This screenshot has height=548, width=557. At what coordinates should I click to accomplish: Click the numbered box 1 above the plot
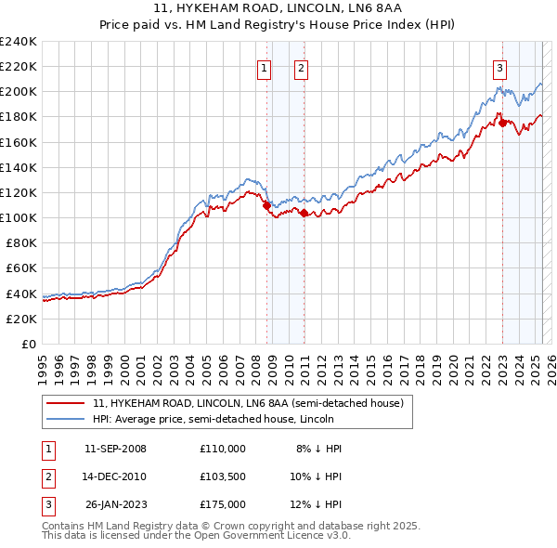(x=265, y=67)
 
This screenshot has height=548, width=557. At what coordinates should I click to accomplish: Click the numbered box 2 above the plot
(x=302, y=67)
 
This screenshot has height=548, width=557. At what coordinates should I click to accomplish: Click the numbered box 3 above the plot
(x=500, y=67)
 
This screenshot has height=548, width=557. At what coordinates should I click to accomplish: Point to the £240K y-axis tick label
(x=19, y=42)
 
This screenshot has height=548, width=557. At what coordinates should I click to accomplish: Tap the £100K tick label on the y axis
(x=19, y=217)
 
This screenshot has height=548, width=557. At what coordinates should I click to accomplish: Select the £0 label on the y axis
(x=30, y=344)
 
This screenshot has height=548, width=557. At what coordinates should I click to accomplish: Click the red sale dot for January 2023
(x=502, y=123)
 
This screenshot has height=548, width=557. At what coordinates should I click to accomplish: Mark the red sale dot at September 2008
(x=266, y=205)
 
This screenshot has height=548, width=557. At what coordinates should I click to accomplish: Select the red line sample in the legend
(x=67, y=404)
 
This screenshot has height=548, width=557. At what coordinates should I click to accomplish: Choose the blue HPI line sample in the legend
(x=67, y=419)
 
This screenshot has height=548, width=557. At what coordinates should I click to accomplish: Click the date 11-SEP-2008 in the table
(x=115, y=449)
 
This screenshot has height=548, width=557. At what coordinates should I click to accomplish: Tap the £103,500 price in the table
(x=222, y=476)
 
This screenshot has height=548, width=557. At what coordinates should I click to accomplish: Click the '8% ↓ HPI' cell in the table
(x=318, y=449)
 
